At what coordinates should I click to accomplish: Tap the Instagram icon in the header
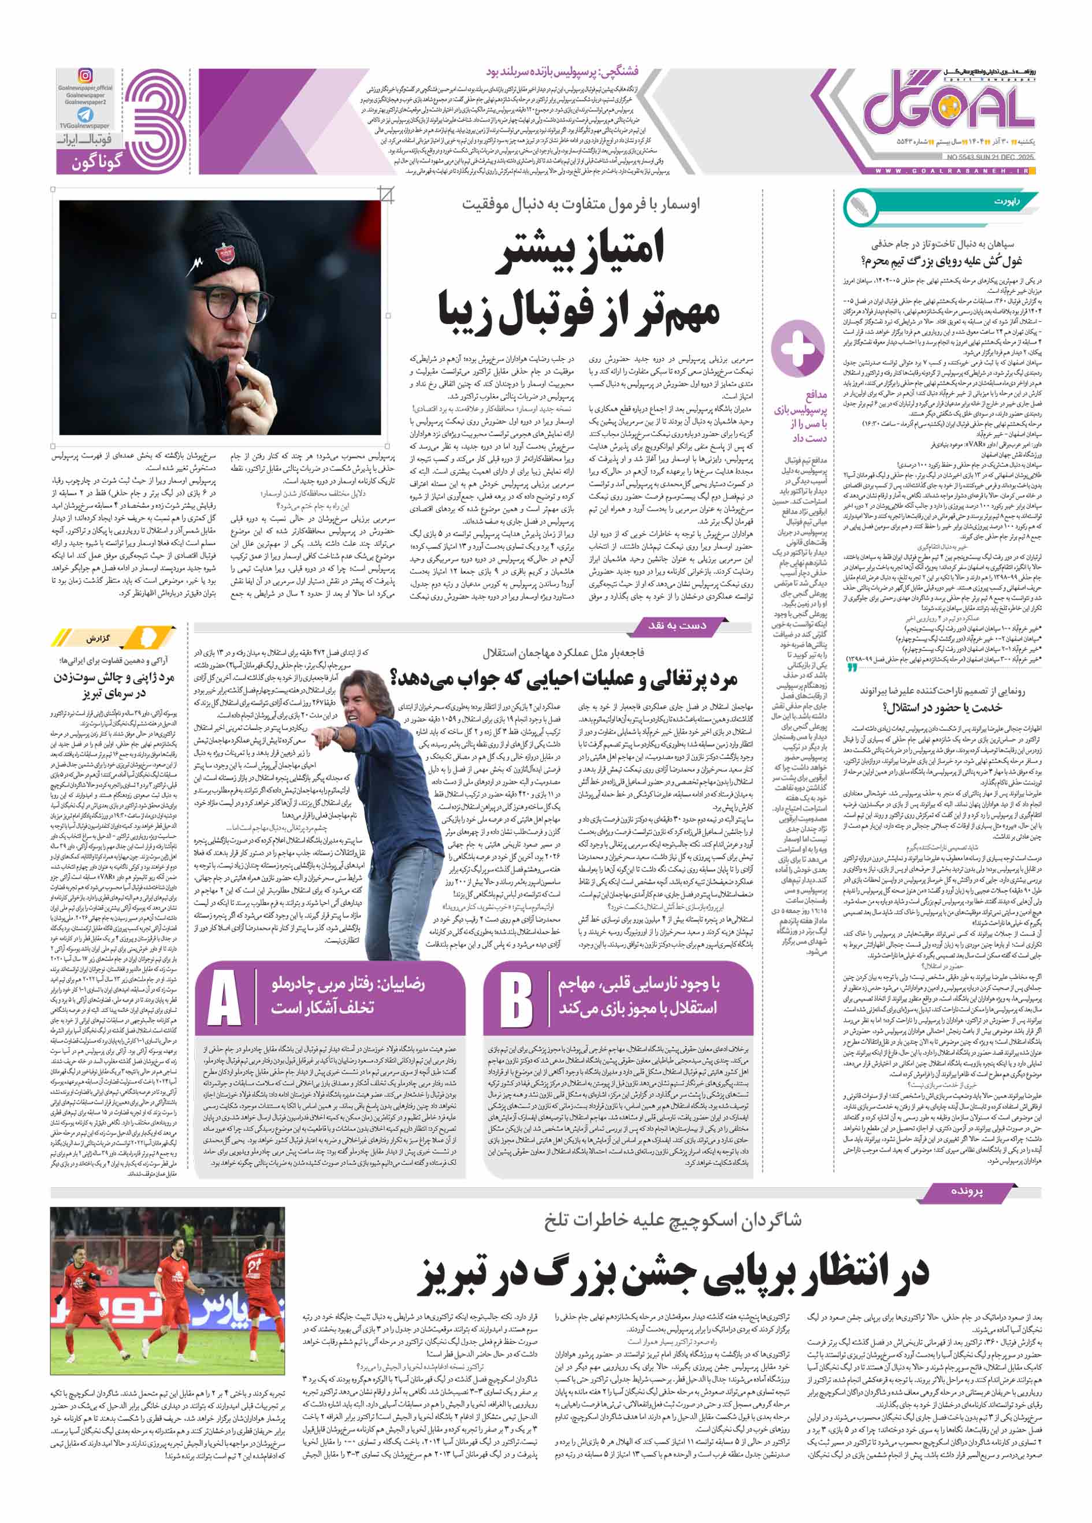click(x=86, y=76)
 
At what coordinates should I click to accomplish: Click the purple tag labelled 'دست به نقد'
click(x=676, y=625)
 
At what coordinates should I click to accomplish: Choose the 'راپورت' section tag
click(x=1006, y=201)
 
